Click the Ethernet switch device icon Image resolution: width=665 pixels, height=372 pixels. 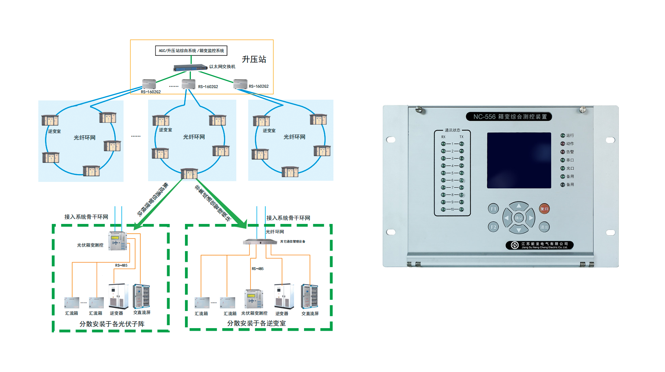pos(190,68)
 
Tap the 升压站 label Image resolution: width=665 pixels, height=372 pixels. pos(254,60)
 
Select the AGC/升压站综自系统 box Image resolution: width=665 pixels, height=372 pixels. pos(191,51)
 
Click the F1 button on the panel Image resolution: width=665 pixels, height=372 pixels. pos(493,209)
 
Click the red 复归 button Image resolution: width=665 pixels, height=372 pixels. pos(544,209)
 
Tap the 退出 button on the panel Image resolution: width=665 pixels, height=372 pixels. pos(544,227)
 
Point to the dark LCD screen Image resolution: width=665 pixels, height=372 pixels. pos(519,160)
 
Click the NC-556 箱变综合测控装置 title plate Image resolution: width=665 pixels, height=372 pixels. pos(509,117)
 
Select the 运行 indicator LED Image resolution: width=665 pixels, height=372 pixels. pos(563,135)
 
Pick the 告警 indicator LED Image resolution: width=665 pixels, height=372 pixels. pos(563,152)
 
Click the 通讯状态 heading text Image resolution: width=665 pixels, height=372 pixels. pos(452,130)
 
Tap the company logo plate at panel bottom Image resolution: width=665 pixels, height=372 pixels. pos(539,245)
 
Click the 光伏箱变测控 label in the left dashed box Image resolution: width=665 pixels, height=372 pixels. pos(90,245)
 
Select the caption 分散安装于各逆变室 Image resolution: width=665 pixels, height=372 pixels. pos(256,323)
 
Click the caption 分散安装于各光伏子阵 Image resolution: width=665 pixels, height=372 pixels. pos(112,324)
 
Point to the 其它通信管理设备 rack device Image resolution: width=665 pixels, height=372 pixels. pos(260,242)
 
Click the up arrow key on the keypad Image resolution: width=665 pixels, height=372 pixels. pos(519,206)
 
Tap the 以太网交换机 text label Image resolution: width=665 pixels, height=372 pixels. pos(222,67)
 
